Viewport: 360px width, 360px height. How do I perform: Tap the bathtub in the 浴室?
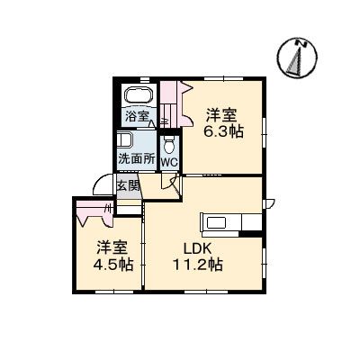[x=139, y=94]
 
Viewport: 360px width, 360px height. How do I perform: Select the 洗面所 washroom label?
[x=136, y=160]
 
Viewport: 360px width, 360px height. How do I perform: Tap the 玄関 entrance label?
[x=129, y=186]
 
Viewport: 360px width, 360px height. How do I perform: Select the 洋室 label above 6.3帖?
[x=222, y=114]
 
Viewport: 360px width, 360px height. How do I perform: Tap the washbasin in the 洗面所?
[x=125, y=141]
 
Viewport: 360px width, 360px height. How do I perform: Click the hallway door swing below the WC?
[x=169, y=182]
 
